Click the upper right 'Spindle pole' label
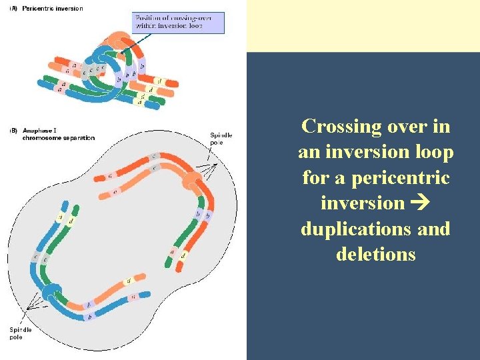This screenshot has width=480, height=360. point(221,138)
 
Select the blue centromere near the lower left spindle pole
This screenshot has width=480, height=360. point(51,292)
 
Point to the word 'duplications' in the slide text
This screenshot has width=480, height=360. point(354,229)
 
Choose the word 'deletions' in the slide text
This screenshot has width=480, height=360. point(376,254)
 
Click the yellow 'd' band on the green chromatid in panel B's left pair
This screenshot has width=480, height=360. point(69,219)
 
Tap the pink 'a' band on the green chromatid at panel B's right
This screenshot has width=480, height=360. point(173,252)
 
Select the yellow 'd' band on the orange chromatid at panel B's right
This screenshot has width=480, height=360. point(183,255)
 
